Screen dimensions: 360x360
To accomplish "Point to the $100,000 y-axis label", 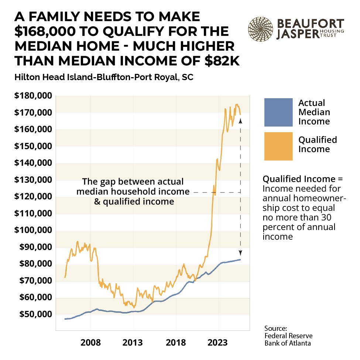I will point(32,230).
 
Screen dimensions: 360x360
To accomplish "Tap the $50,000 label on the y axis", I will point(34,315).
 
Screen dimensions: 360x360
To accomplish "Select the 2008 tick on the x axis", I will point(90,342).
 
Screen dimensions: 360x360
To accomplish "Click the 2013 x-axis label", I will point(133,342).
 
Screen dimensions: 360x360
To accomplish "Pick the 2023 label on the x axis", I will point(218,342).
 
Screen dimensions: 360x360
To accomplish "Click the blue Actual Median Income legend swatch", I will point(278,112).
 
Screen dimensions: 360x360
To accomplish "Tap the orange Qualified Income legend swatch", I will point(278,146).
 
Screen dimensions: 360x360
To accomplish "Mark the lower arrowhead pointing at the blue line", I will point(240,253).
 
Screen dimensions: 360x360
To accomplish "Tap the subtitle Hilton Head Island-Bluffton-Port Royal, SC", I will point(104,78).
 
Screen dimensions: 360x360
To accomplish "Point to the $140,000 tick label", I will point(32,163).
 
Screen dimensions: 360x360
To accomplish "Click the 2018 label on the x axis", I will point(176,342).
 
